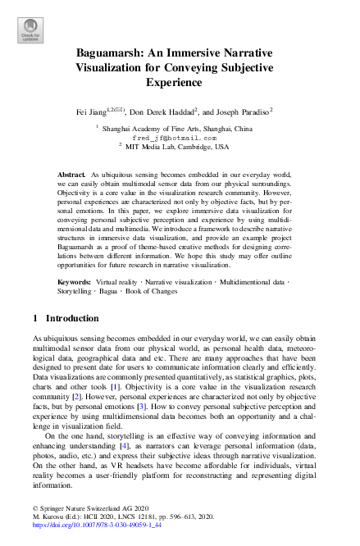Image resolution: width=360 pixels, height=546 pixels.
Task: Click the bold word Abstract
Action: coord(71,176)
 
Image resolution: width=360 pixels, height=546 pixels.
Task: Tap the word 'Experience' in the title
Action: coord(179,82)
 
